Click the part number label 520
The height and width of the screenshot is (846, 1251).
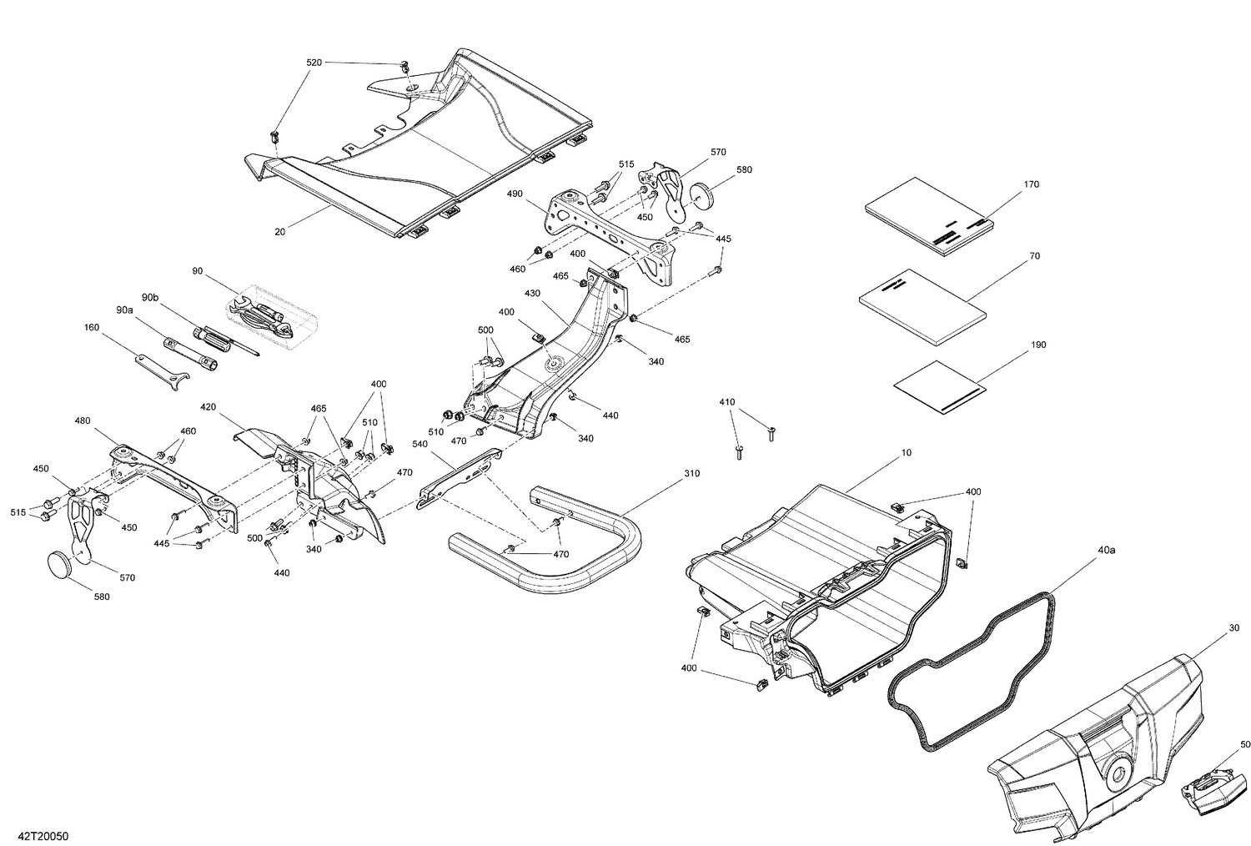pyautogui.click(x=314, y=63)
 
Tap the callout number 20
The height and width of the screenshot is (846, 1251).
pyautogui.click(x=280, y=232)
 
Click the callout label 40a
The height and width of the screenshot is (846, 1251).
pyautogui.click(x=1106, y=551)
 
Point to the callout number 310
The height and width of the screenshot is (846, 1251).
pyautogui.click(x=691, y=473)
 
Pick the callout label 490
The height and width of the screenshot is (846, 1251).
pyautogui.click(x=514, y=194)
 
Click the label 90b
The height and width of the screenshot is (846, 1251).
pyautogui.click(x=149, y=297)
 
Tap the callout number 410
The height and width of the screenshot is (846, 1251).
pyautogui.click(x=727, y=402)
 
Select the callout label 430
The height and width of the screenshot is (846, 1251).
pyautogui.click(x=533, y=294)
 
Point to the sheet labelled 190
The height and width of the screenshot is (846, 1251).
pyautogui.click(x=938, y=385)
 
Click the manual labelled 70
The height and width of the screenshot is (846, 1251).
pyautogui.click(x=922, y=306)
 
